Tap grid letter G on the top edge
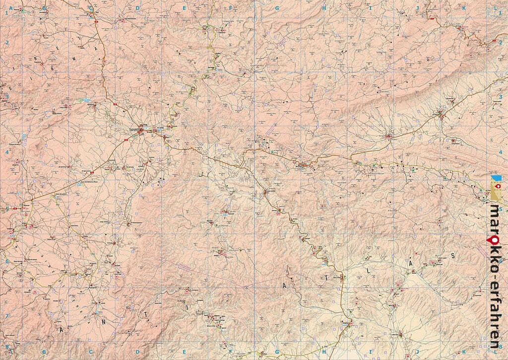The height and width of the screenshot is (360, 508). click(x=277, y=8)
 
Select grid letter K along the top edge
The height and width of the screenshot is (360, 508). click(x=464, y=8)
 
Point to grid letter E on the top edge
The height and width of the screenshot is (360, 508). click(x=184, y=8)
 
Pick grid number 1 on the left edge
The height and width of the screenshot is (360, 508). click(x=7, y=13)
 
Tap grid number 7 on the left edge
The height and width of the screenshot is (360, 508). click(x=7, y=316)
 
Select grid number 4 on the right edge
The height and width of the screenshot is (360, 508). click(x=501, y=152)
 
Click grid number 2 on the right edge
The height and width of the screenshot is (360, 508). click(x=501, y=43)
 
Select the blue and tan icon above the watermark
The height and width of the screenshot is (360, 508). click(x=496, y=188)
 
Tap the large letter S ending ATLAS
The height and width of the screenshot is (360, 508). click(x=452, y=255)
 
